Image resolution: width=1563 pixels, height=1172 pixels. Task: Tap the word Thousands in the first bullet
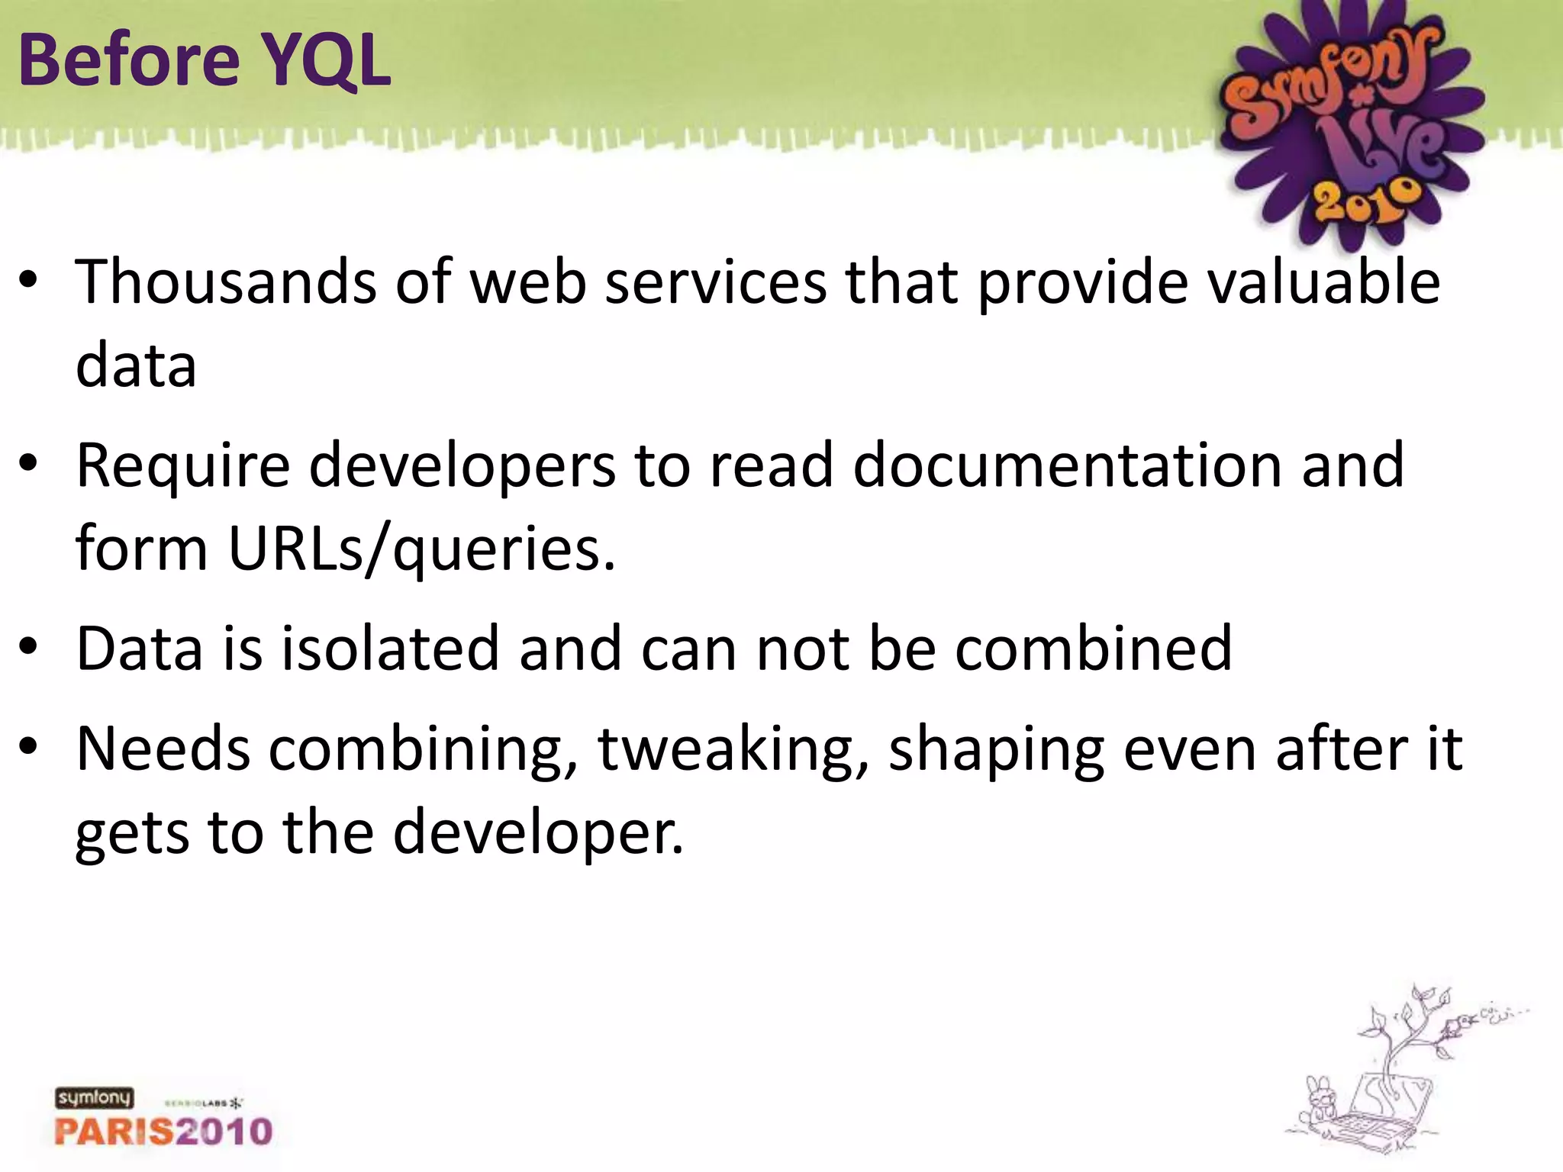(226, 282)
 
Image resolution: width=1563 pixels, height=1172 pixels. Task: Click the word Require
(183, 465)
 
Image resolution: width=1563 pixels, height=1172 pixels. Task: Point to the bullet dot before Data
(28, 649)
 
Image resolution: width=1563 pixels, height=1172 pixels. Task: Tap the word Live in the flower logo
(1374, 153)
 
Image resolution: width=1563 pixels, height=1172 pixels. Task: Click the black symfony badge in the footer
(94, 1098)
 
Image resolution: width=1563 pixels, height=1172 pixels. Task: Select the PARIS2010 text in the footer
(163, 1131)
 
